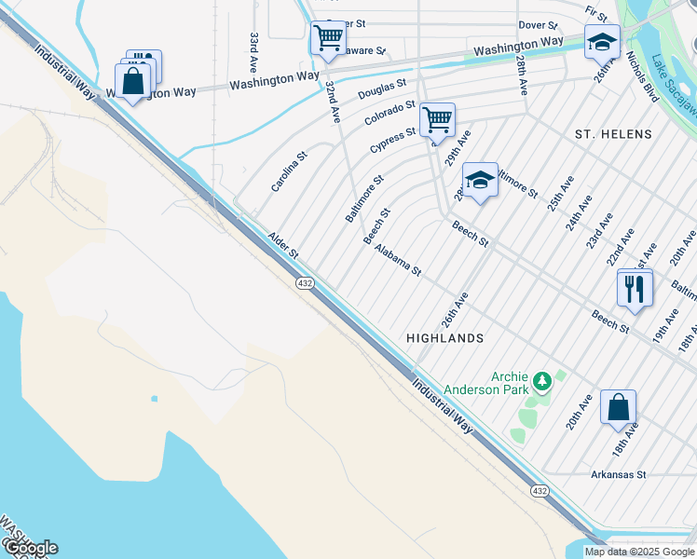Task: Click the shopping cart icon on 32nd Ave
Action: (x=327, y=39)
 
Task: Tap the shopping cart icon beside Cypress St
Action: (x=437, y=119)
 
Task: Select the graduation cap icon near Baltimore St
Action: (x=480, y=180)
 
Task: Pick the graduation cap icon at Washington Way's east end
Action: (x=602, y=41)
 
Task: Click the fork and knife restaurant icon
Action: (x=635, y=287)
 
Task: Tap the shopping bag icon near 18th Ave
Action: (x=618, y=407)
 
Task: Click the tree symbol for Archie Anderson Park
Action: (x=541, y=381)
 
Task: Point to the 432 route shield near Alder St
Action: (x=305, y=282)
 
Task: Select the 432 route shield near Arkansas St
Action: (x=540, y=490)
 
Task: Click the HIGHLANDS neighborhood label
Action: (x=445, y=338)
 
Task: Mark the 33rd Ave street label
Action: (x=253, y=52)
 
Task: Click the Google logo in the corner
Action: (x=31, y=547)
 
